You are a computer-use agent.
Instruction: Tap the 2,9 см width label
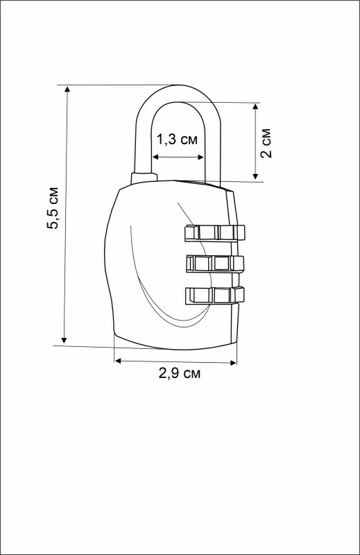click(180, 373)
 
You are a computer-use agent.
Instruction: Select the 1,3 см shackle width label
click(177, 139)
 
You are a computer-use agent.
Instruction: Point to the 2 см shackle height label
click(266, 143)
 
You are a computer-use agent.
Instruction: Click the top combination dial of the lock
click(214, 233)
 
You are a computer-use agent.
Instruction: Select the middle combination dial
click(214, 264)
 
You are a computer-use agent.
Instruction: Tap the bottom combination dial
click(214, 296)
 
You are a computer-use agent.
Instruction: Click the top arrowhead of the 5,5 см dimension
click(67, 89)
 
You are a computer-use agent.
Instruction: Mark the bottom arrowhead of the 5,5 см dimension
click(64, 341)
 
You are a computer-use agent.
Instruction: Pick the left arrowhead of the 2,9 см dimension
click(118, 361)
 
